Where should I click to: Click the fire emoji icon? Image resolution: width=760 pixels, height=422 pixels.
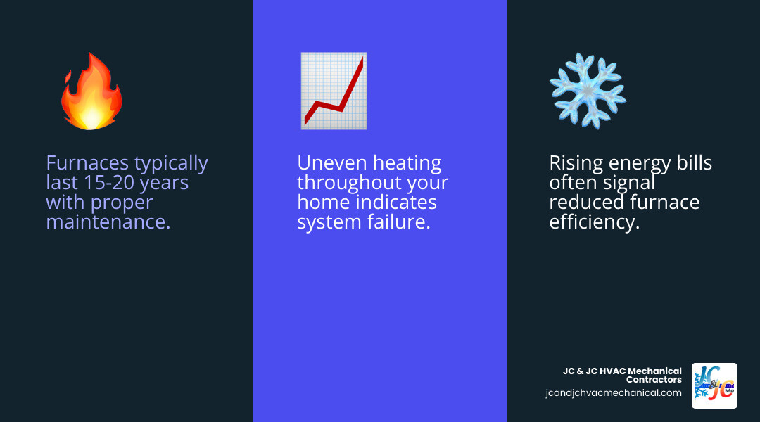coord(91,91)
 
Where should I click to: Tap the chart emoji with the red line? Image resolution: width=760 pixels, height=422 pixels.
coord(333,91)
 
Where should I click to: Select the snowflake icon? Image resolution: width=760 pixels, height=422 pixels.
coord(588,90)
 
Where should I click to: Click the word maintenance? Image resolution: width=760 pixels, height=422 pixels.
coord(108,223)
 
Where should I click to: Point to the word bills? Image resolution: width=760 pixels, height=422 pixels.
coord(691,163)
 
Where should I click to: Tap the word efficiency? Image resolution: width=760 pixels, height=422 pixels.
coord(594,223)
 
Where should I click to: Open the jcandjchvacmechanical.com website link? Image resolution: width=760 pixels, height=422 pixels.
coord(613,393)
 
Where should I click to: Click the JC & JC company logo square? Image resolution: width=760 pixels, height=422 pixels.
coord(714,385)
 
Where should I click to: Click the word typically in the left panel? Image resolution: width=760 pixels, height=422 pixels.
coord(171,163)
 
